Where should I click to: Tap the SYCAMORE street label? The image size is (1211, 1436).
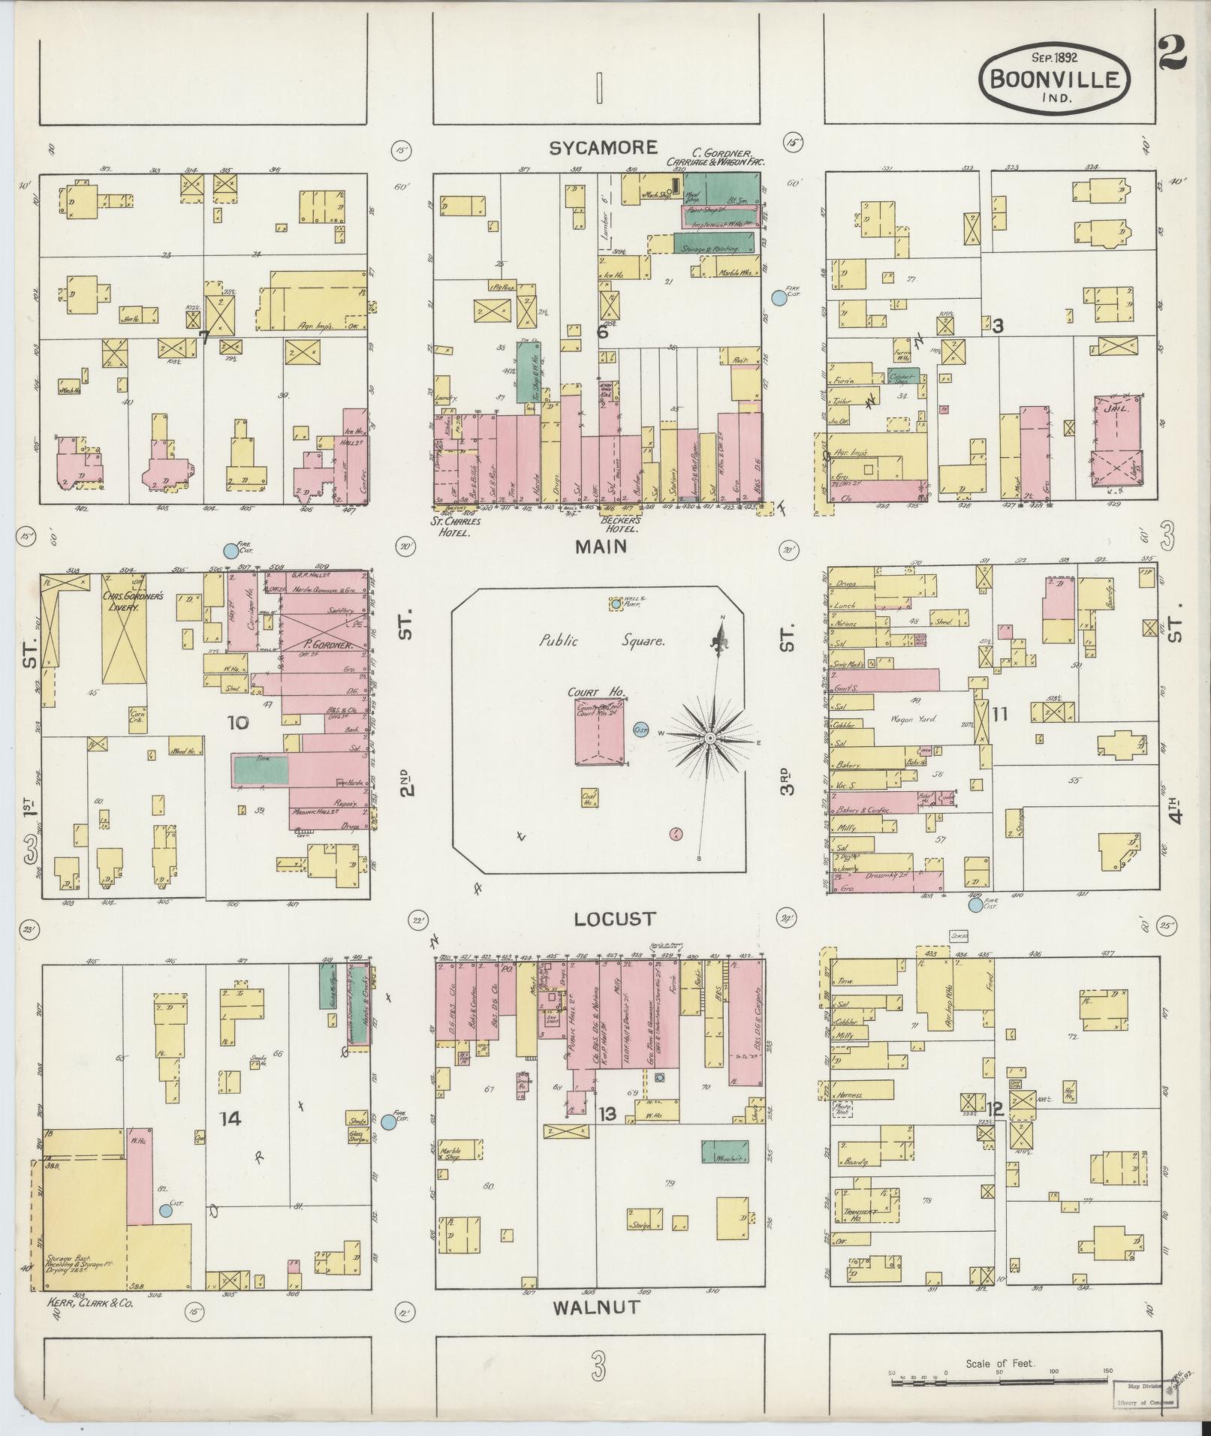coord(602,148)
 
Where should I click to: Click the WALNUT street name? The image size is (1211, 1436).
coord(596,1307)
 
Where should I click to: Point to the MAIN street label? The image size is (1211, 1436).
coord(601,547)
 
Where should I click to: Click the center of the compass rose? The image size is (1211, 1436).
coord(709,738)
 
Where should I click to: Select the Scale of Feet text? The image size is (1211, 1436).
coord(1000,1362)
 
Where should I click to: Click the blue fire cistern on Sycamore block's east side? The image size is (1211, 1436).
coord(779,298)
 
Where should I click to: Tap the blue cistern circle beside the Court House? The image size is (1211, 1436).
coord(640,729)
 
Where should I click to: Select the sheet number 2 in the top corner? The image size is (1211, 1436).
coord(1171,52)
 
